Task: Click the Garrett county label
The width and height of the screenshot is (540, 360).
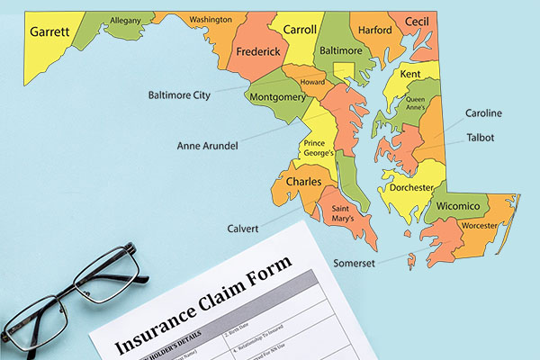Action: (49, 31)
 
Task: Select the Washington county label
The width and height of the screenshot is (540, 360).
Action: (211, 19)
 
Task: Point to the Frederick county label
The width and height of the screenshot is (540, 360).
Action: (257, 52)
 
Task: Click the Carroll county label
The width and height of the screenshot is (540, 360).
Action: (300, 30)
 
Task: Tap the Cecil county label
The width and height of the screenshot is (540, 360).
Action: (416, 22)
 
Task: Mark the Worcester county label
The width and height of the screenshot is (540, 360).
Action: (479, 226)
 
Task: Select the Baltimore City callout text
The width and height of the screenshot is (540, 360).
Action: (184, 93)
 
